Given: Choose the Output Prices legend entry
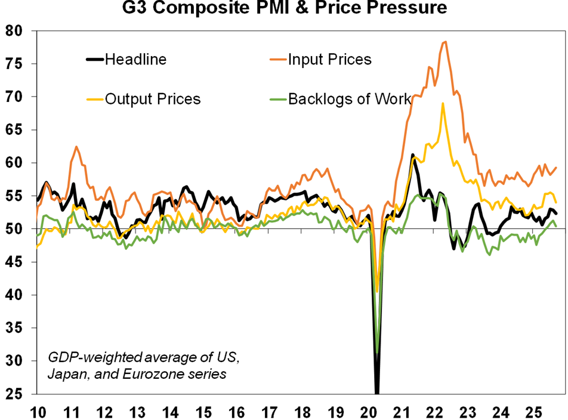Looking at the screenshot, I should coord(152,98).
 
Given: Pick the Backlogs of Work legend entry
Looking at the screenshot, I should coord(349,98).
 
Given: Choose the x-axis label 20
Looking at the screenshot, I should coord(369,412).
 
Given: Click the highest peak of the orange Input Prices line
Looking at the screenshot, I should coord(445,42).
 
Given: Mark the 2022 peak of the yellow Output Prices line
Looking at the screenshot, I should coord(443,103).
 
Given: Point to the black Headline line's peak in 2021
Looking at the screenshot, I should coord(412,155).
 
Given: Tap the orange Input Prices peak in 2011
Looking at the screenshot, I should coord(76,146).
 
